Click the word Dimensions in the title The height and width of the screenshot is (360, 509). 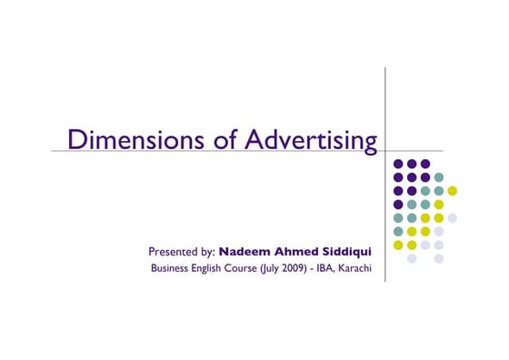coord(125,139)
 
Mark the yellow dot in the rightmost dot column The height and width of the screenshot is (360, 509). coord(453,191)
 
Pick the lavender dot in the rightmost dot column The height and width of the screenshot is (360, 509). coord(453,218)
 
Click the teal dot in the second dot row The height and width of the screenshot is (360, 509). coord(439,177)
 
